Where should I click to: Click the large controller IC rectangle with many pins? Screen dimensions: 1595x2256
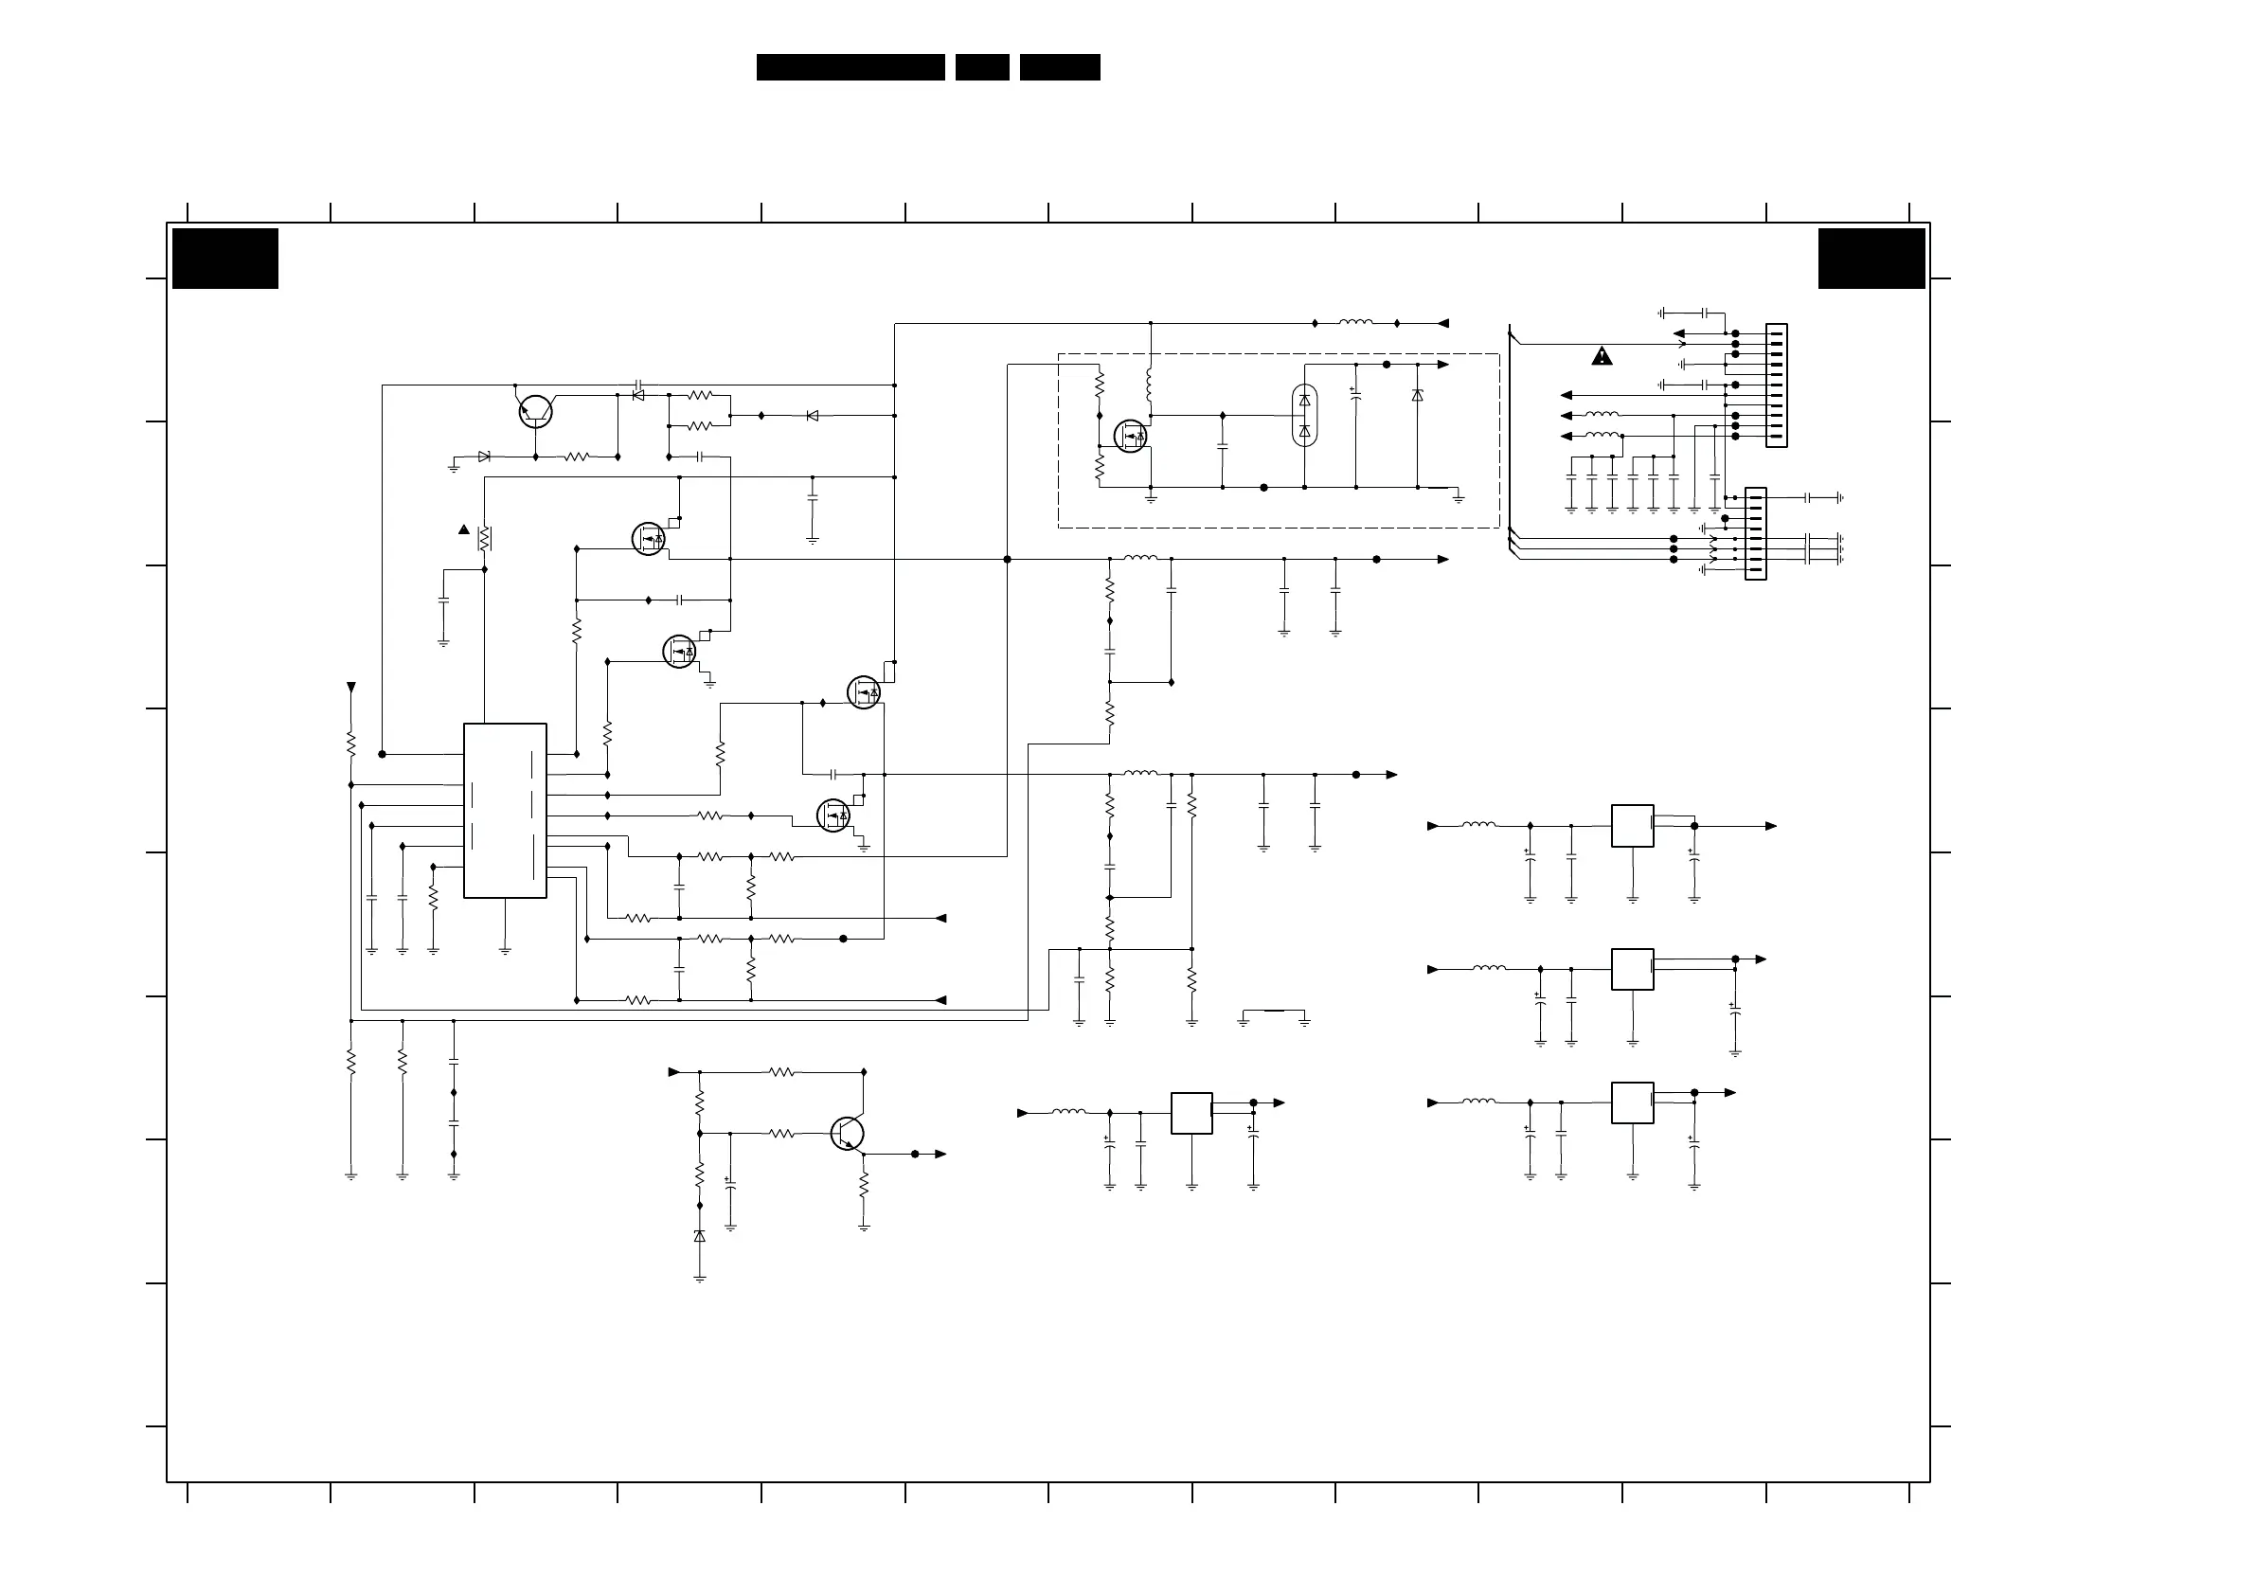point(504,811)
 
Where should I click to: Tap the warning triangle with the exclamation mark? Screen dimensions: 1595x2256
point(1602,356)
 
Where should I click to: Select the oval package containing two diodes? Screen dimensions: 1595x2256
point(1304,415)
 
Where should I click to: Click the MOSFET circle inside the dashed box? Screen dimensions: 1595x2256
point(1130,436)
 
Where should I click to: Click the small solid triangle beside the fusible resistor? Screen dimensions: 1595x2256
point(464,529)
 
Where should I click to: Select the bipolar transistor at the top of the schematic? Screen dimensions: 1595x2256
point(535,412)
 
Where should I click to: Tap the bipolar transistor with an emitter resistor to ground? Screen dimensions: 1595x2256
point(847,1133)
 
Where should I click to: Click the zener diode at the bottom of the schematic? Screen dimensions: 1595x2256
point(700,1236)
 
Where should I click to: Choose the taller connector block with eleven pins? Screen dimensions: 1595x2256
point(1776,385)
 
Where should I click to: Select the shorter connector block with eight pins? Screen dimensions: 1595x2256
point(1755,533)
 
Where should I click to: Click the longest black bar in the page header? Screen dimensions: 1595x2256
point(850,67)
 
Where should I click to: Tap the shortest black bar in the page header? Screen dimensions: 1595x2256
point(981,67)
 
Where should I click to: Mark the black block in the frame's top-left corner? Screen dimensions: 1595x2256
point(225,259)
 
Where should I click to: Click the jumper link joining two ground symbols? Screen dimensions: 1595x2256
point(1274,1011)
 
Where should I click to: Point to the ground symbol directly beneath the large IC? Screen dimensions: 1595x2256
point(505,949)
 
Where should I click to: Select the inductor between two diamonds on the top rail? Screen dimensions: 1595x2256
point(1356,322)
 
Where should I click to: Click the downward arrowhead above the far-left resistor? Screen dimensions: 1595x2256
point(350,687)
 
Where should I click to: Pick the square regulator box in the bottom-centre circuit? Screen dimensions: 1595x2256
point(1191,1113)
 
